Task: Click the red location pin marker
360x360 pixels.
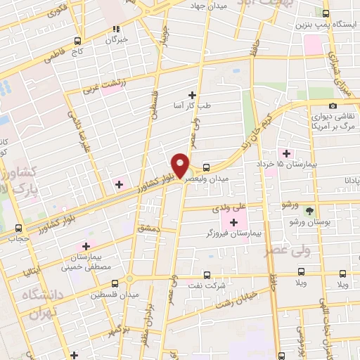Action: click(181, 165)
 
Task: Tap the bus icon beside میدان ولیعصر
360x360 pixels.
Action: click(206, 167)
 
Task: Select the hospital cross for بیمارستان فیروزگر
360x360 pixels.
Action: click(233, 223)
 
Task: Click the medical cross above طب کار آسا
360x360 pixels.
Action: click(192, 95)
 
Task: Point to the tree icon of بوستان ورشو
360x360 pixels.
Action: click(308, 210)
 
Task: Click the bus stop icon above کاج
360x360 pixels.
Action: click(78, 41)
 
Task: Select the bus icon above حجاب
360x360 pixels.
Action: click(19, 226)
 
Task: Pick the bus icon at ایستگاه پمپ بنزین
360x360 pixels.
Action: click(325, 13)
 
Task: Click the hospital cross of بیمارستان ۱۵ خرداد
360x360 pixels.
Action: click(285, 153)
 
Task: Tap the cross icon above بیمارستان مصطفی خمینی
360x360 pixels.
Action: click(86, 246)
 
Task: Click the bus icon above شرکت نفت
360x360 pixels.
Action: click(206, 275)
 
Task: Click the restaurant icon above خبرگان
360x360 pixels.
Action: click(117, 30)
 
